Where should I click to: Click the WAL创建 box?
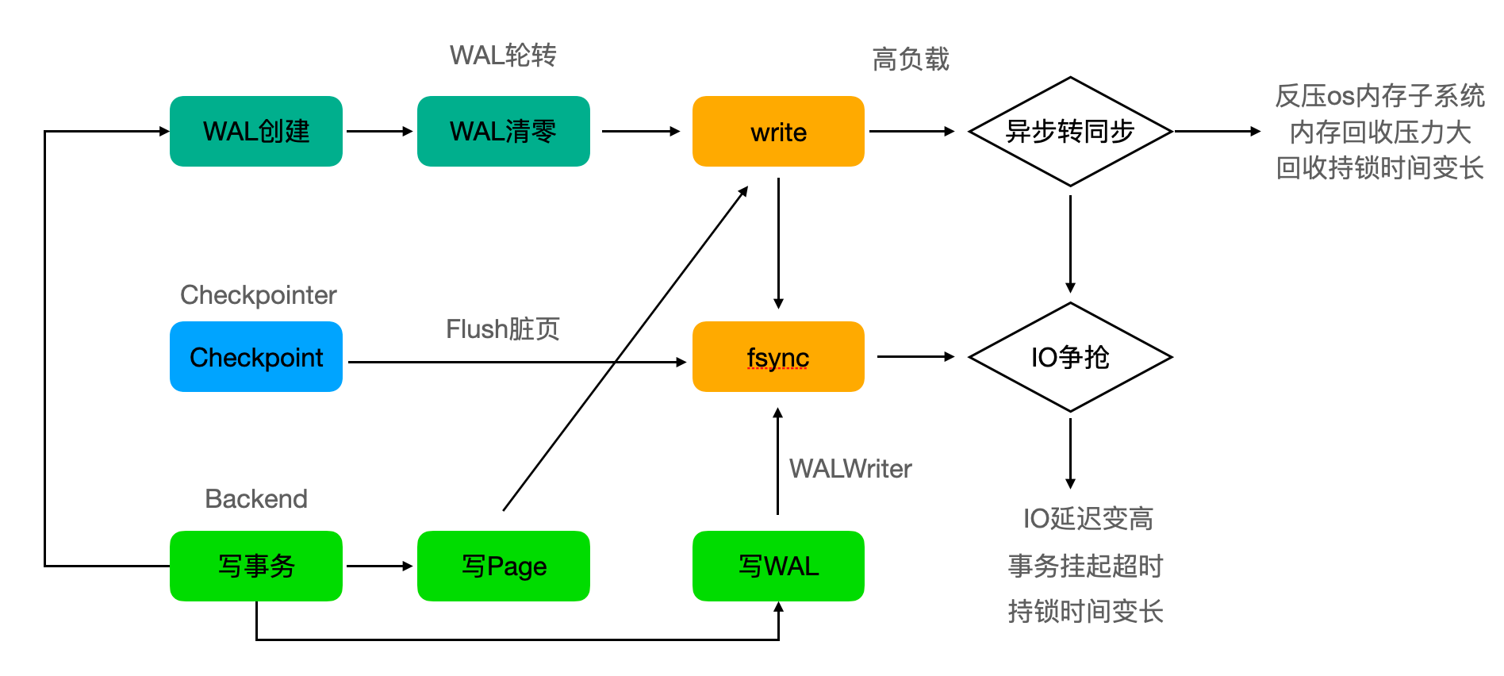tap(255, 132)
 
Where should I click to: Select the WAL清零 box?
tap(503, 132)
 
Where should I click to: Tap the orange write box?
tap(777, 132)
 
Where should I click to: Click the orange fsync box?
tap(777, 357)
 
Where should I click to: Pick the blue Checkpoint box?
tap(255, 357)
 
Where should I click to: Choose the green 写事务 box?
tap(255, 566)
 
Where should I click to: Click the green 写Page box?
tap(503, 566)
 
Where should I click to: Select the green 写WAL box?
tap(777, 566)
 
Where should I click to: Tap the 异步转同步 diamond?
tap(1069, 132)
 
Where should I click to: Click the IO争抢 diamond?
tap(1069, 357)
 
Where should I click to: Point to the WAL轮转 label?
tap(503, 56)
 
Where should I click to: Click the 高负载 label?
tap(910, 60)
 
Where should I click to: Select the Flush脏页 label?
tap(503, 328)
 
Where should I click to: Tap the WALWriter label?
tap(850, 469)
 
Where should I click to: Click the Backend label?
tap(255, 499)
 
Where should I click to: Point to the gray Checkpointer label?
tap(258, 295)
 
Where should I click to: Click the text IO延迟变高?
tap(1088, 519)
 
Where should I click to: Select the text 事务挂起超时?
tap(1085, 566)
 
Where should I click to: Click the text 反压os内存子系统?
tap(1379, 96)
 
